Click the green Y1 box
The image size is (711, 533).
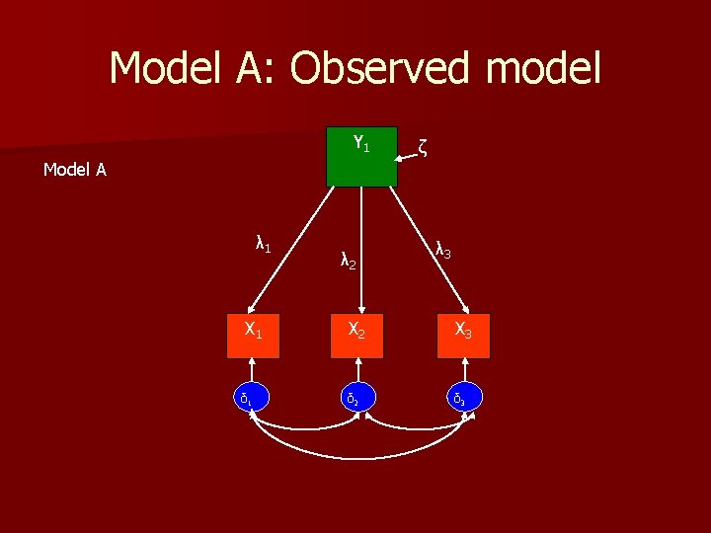coord(361,156)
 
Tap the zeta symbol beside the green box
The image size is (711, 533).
coord(422,149)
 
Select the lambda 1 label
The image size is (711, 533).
coord(264,244)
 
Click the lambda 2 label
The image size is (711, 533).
coord(347,262)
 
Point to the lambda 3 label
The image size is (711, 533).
coord(443,252)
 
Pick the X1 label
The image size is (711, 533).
coord(253,330)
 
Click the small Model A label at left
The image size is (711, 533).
coord(75,170)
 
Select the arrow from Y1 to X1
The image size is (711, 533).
coord(290,248)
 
